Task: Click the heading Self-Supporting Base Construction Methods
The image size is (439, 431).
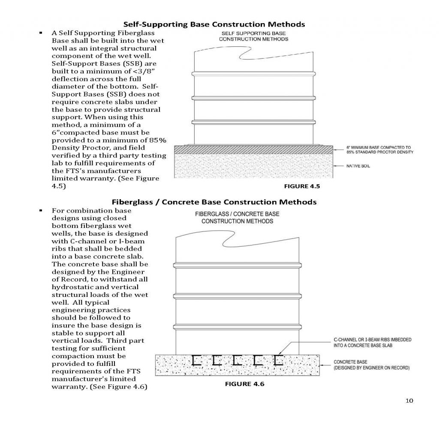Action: (214, 24)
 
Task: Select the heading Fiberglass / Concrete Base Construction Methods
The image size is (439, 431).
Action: (214, 202)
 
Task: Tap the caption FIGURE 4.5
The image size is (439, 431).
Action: (302, 186)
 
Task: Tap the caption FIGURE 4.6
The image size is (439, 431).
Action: (245, 384)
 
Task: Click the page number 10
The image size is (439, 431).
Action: (409, 401)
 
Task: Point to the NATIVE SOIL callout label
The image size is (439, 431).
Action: (358, 166)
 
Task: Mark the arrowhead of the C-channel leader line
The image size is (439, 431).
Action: (279, 353)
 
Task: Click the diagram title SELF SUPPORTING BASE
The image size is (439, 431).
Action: (254, 33)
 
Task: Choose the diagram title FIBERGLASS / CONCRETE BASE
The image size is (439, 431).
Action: (237, 214)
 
